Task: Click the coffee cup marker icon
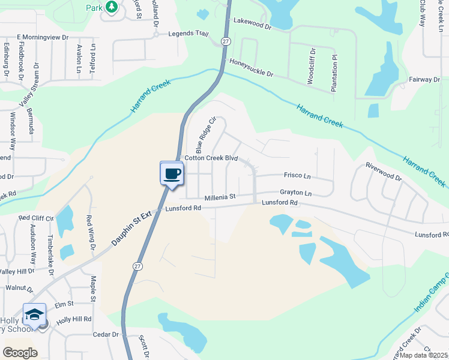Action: tap(172, 173)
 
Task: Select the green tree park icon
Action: tap(111, 7)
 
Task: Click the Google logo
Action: tap(20, 353)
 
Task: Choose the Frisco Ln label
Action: tap(297, 176)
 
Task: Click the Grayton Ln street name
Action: tap(296, 193)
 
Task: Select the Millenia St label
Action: tap(220, 197)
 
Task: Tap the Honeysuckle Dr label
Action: tap(250, 68)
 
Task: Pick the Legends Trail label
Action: tap(188, 34)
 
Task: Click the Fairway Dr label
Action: tap(424, 79)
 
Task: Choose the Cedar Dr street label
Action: tap(107, 334)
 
